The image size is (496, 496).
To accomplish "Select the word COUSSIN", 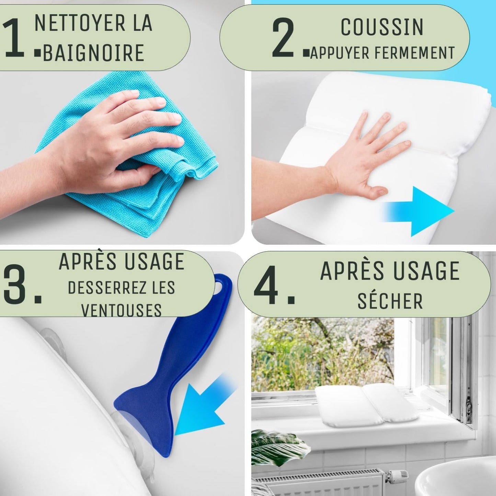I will (x=382, y=27).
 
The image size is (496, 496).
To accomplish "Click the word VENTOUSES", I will (x=121, y=310).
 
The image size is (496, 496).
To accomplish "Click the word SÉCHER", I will (x=390, y=301).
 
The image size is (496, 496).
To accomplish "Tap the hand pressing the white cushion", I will (x=364, y=154).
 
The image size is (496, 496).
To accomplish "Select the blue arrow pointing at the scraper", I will (x=203, y=405).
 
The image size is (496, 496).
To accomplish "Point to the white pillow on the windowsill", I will (x=367, y=405).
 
